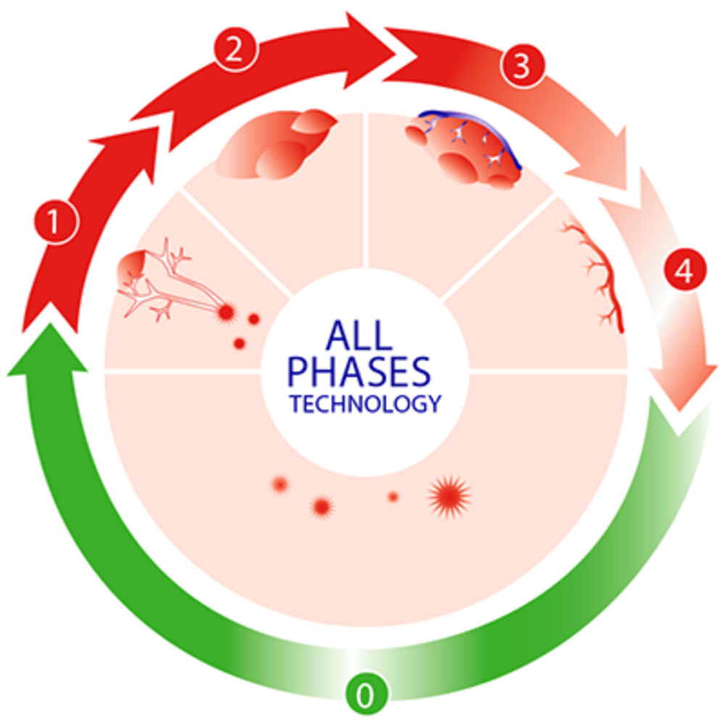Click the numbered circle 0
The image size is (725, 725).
(x=365, y=694)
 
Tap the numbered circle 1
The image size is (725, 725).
(x=56, y=221)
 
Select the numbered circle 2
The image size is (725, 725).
(x=235, y=49)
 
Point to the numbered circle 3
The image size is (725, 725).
(x=523, y=65)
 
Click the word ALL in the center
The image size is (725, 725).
(x=359, y=335)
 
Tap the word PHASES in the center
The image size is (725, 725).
(x=359, y=371)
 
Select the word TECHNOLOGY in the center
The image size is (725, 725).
(x=365, y=404)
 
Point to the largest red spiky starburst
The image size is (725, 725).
(x=449, y=496)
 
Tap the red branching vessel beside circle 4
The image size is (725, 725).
(x=597, y=275)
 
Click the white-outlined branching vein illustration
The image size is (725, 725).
(x=171, y=282)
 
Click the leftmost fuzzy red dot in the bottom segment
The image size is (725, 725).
(x=280, y=484)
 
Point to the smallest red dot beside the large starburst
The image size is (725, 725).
(x=393, y=497)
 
